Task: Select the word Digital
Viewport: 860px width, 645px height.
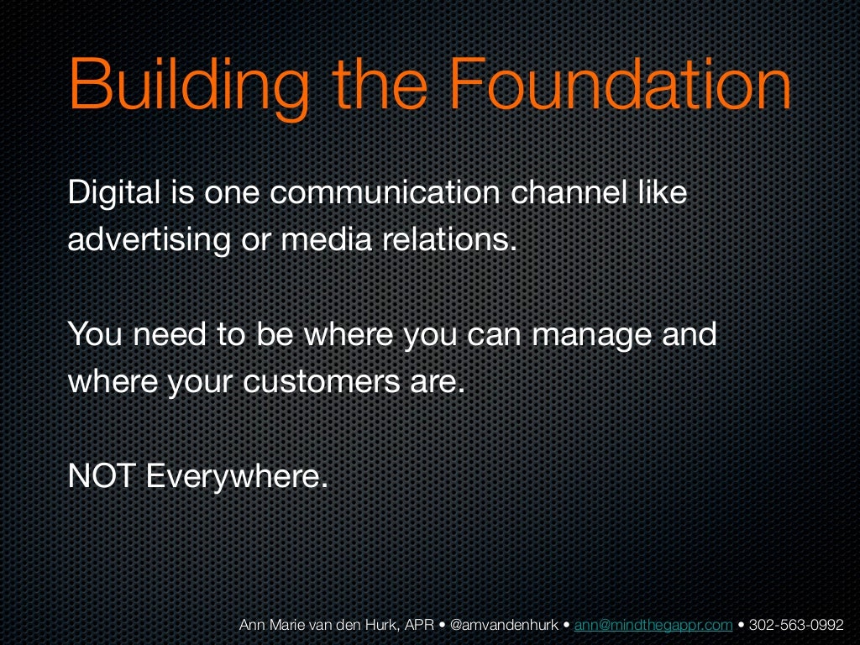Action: (114, 194)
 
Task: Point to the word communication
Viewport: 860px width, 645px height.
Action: (386, 193)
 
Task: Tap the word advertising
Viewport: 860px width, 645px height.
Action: (148, 241)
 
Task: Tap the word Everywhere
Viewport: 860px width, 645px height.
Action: (236, 477)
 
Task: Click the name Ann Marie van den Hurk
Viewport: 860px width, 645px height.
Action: (308, 625)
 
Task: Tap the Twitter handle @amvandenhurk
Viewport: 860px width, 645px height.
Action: (505, 625)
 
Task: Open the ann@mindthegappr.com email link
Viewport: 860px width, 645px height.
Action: (653, 625)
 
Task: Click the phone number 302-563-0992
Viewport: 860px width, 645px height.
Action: (796, 625)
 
